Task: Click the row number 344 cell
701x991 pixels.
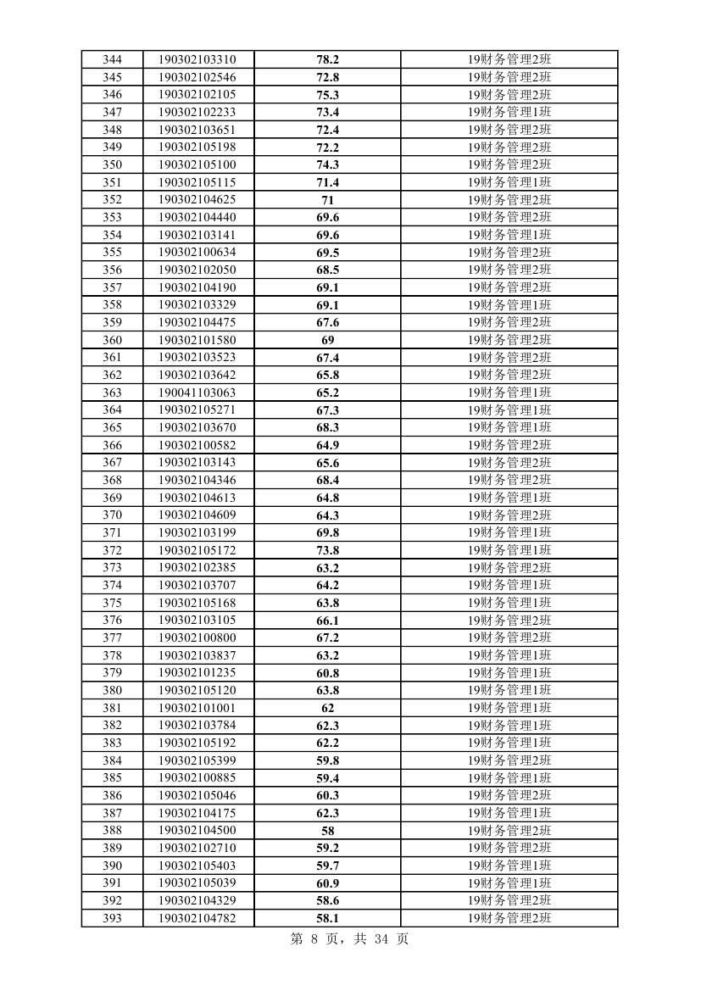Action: [112, 59]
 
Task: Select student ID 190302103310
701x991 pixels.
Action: [197, 59]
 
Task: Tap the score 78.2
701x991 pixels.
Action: [327, 59]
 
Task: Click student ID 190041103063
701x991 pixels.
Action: [197, 393]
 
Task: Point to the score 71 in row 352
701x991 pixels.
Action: [327, 200]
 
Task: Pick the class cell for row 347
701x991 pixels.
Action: [509, 112]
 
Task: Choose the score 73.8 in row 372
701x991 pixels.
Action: [327, 550]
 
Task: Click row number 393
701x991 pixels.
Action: [112, 918]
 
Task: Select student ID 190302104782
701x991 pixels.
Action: [197, 918]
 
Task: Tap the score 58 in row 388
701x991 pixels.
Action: [327, 831]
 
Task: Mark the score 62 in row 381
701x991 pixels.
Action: [327, 708]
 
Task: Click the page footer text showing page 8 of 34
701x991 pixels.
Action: [349, 939]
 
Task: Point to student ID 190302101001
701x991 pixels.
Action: [197, 708]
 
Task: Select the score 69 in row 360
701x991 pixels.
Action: [327, 340]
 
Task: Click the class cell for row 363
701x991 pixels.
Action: [509, 393]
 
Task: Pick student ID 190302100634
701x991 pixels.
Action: [197, 253]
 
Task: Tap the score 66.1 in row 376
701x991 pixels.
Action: [327, 621]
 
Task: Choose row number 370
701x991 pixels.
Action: [112, 515]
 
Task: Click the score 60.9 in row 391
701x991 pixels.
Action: [327, 883]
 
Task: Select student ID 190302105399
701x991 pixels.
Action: [197, 760]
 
